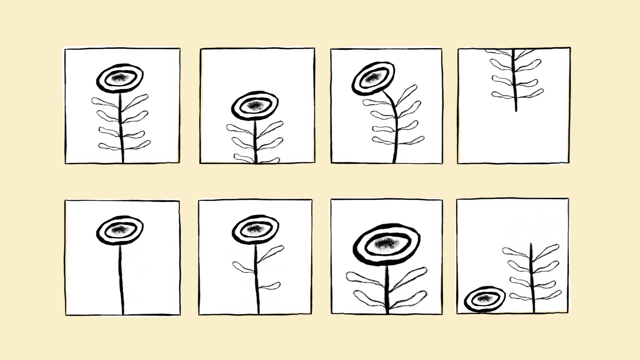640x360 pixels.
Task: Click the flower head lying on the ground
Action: click(x=485, y=299)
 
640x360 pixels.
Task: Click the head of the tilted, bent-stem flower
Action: click(x=373, y=78)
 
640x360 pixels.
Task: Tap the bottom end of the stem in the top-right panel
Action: click(x=516, y=110)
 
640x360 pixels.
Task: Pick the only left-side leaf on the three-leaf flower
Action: click(x=243, y=267)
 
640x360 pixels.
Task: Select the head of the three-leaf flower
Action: click(x=255, y=230)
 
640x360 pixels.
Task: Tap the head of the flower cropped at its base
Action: click(x=255, y=105)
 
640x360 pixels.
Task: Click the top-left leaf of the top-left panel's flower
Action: click(x=104, y=101)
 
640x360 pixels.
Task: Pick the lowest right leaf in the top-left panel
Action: click(x=138, y=145)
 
